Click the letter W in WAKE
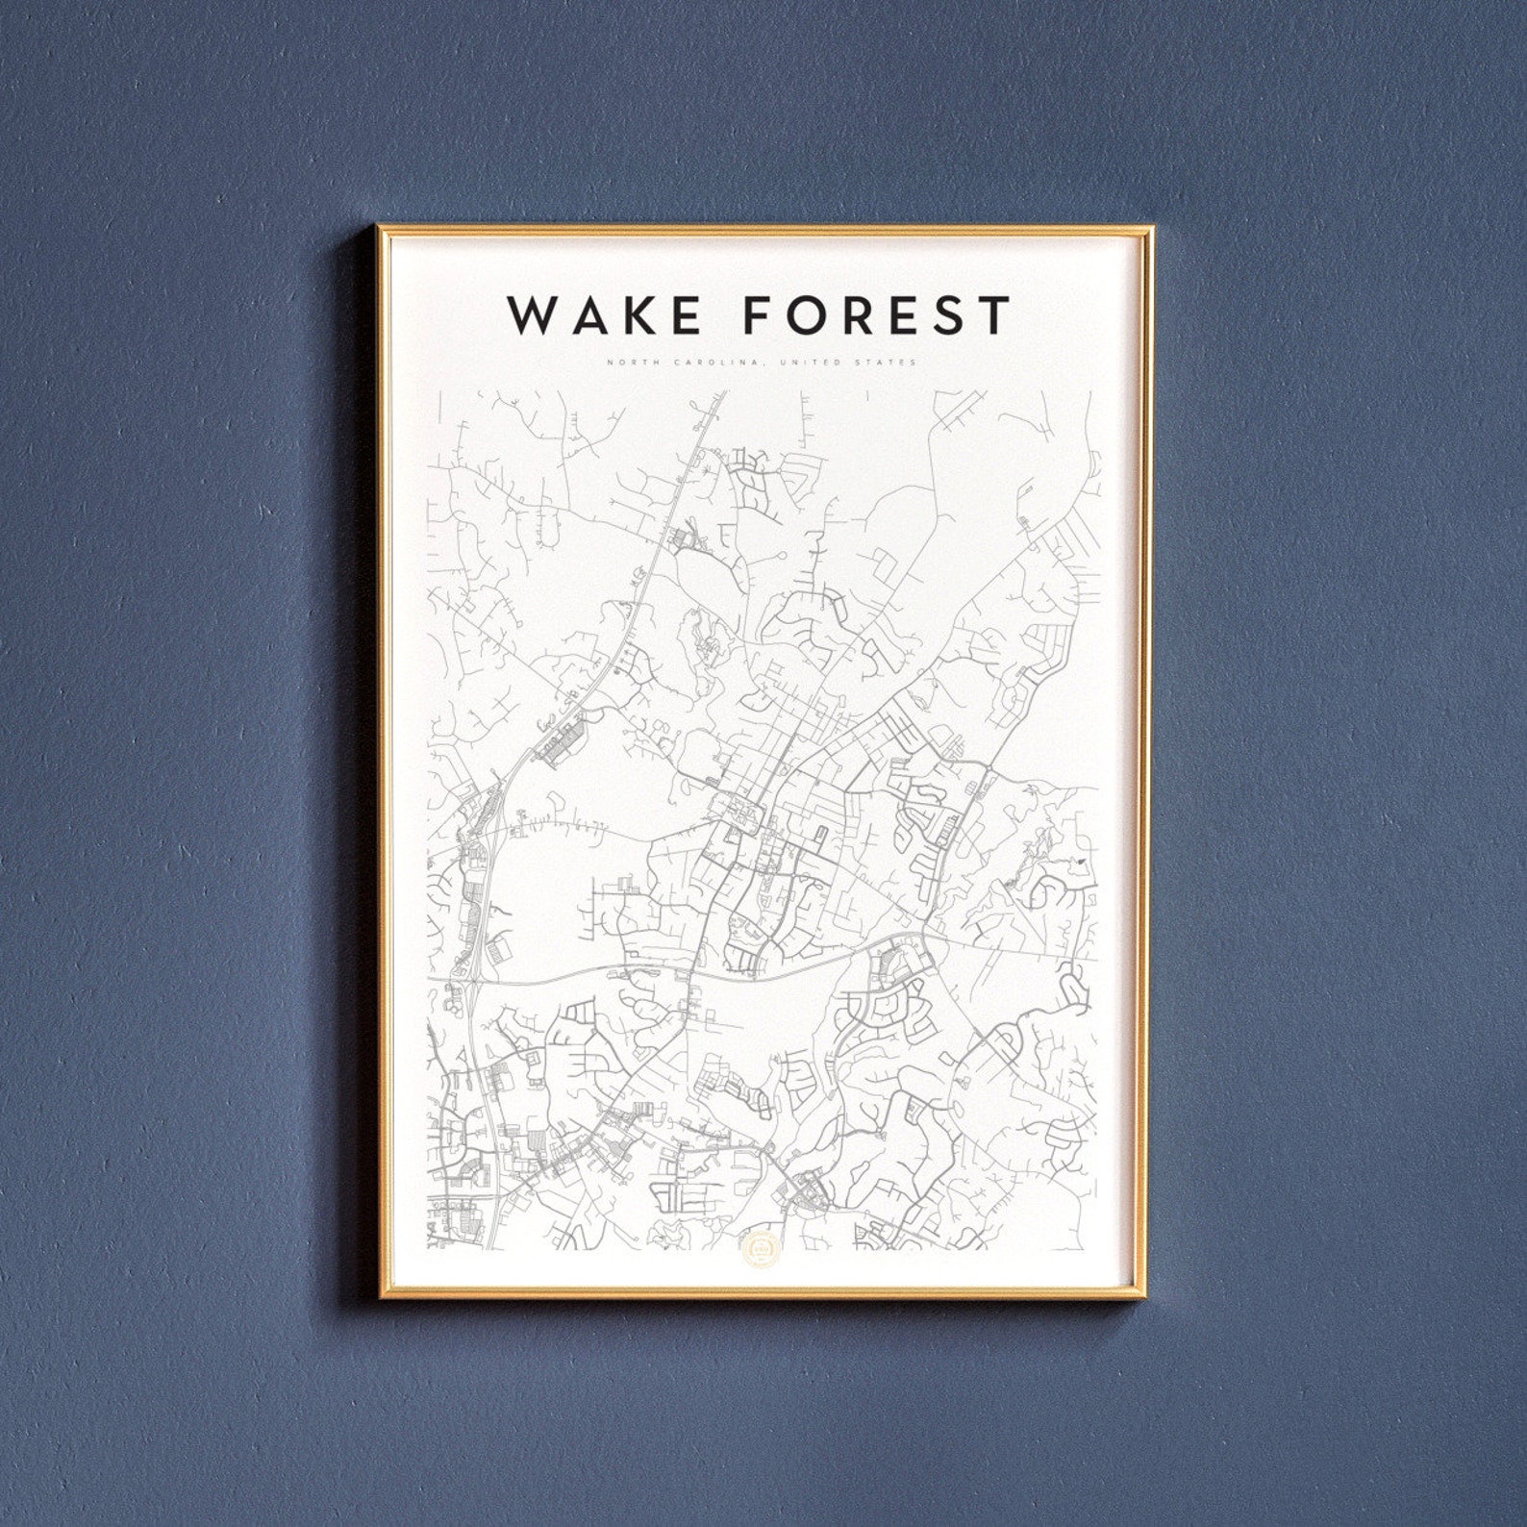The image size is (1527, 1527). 532,314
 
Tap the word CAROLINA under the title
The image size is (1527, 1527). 691,363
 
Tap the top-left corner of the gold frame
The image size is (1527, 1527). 379,228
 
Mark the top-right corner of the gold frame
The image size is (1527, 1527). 1151,228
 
